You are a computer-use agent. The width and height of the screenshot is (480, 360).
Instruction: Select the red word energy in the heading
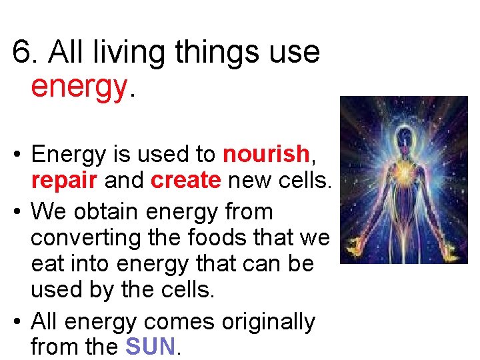(x=78, y=86)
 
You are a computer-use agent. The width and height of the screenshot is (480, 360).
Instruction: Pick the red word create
(x=185, y=181)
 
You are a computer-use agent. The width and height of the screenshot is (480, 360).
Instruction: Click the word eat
(x=48, y=263)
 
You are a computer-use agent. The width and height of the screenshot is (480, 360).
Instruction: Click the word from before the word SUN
(x=54, y=346)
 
